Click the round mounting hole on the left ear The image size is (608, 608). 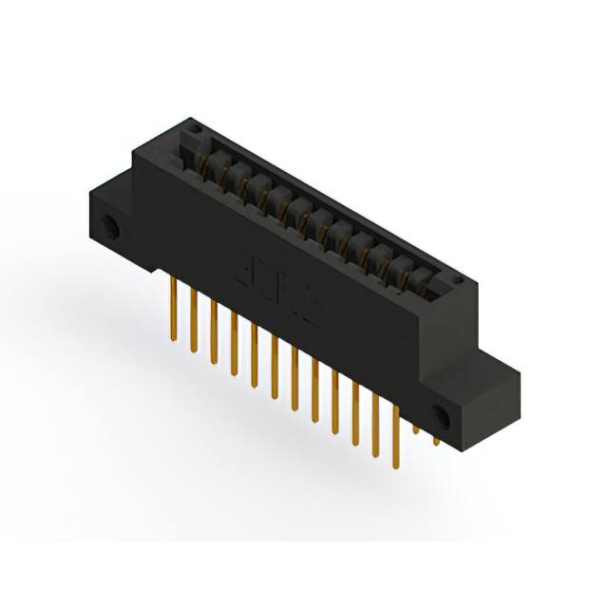point(113,227)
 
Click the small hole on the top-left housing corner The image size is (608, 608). point(193,125)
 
